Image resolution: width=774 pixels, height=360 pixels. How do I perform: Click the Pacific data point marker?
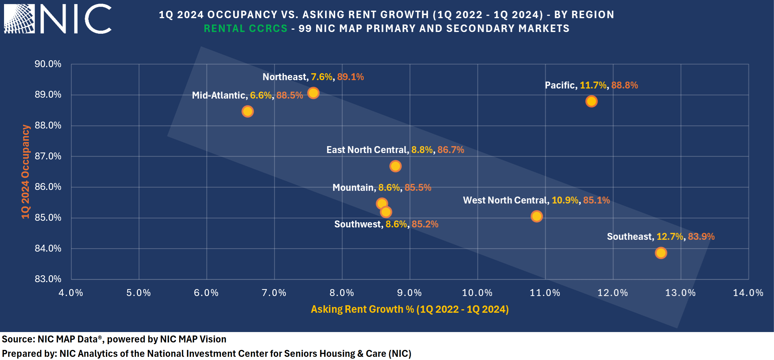[591, 101]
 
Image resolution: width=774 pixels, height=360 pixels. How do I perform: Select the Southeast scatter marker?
[661, 253]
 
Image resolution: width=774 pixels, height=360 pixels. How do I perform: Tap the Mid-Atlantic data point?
[247, 112]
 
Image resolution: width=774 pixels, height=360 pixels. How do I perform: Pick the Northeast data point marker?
[313, 93]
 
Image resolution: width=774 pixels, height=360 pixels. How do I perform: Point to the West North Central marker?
[536, 216]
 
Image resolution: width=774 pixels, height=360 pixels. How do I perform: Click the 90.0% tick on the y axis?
[48, 64]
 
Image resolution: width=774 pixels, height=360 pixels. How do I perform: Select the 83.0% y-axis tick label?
[48, 279]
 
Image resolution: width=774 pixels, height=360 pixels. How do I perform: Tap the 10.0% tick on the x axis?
[477, 293]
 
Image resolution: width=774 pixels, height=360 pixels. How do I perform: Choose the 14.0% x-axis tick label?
[748, 293]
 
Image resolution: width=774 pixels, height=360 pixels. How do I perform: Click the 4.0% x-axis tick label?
[71, 293]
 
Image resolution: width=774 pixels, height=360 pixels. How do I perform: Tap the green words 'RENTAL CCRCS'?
[246, 29]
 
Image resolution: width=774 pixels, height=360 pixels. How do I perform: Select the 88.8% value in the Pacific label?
[624, 85]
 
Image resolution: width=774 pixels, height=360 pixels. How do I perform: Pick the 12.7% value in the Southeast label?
[669, 237]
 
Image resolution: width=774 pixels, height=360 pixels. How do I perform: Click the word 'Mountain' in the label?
[353, 188]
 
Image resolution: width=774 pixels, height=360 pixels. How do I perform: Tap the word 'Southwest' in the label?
[357, 224]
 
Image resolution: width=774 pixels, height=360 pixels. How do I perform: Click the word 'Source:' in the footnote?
[18, 339]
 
